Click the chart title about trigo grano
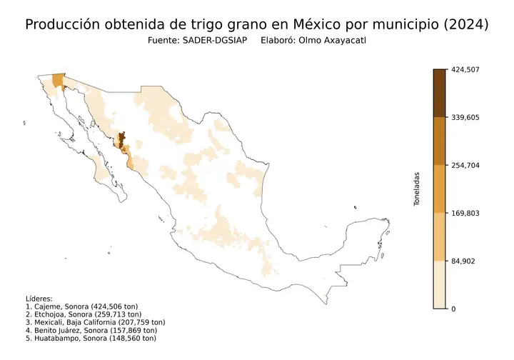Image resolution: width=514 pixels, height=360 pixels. pyautogui.click(x=256, y=24)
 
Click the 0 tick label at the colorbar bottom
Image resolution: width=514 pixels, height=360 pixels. pyautogui.click(x=453, y=309)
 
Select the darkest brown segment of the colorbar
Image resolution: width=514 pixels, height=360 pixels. pyautogui.click(x=440, y=93)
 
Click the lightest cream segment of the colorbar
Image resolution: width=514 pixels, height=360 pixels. pyautogui.click(x=440, y=284)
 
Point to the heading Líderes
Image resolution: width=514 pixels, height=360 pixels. pyautogui.click(x=39, y=299)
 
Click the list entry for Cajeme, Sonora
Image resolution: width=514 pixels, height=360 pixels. pyautogui.click(x=83, y=306)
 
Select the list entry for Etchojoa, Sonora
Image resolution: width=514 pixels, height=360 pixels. pyautogui.click(x=84, y=314)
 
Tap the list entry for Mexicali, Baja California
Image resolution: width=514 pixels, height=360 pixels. pyautogui.click(x=96, y=322)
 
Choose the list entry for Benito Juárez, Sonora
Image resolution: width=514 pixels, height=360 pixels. pyautogui.click(x=91, y=330)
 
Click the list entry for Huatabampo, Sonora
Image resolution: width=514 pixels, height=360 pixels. pyautogui.click(x=90, y=338)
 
